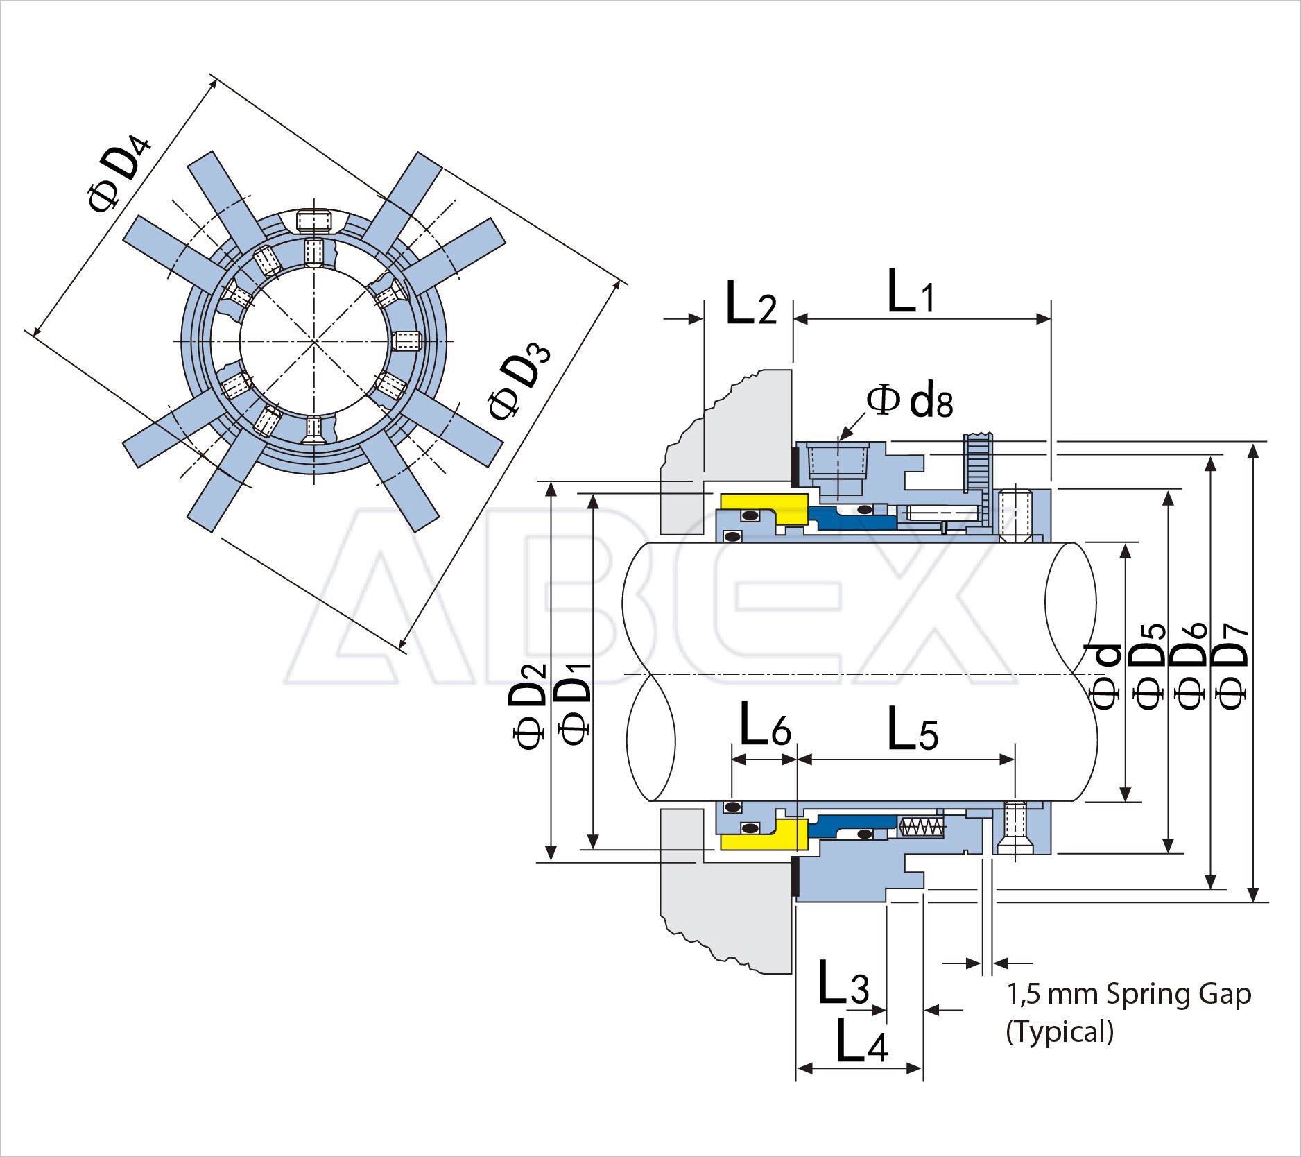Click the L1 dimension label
911,292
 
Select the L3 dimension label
843,983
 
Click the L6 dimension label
765,725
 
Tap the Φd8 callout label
910,402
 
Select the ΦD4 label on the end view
117,174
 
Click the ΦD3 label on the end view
518,382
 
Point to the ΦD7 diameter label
1232,666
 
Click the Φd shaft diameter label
1105,676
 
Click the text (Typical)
1060,1032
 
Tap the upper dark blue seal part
853,517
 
